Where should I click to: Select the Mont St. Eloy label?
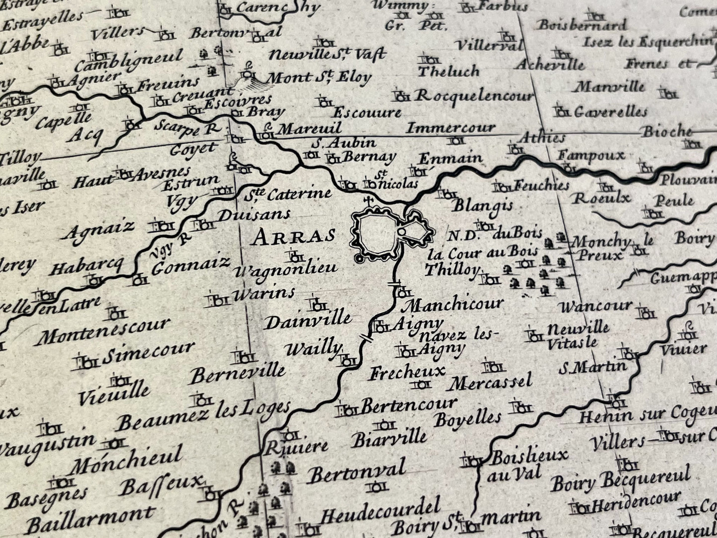pyautogui.click(x=319, y=77)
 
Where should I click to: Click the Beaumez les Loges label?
pyautogui.click(x=203, y=416)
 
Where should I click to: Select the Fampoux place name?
pyautogui.click(x=590, y=155)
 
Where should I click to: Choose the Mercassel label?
pyautogui.click(x=491, y=383)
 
